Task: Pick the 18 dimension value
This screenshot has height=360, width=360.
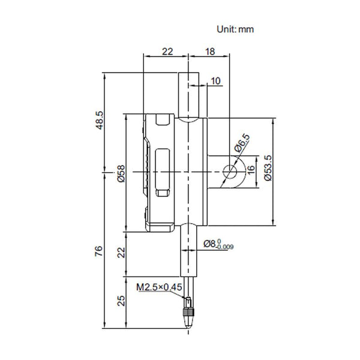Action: (210, 53)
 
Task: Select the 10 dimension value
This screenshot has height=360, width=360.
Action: (215, 80)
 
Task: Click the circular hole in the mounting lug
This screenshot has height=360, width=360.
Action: (229, 172)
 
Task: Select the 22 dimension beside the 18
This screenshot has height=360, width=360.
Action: (167, 53)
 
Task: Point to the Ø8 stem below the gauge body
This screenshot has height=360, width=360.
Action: (191, 249)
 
